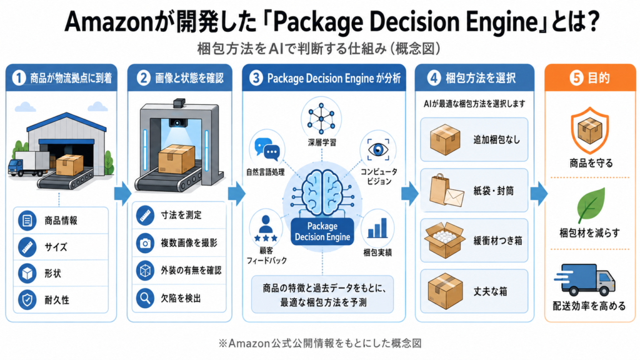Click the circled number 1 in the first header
19,78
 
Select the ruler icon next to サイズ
27,247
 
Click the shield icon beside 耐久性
27,300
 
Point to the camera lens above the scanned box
177,122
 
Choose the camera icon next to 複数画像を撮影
145,243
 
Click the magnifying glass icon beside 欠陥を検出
145,298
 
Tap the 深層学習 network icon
321,119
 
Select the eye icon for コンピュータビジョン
378,149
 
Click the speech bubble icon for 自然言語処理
267,149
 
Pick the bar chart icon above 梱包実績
377,228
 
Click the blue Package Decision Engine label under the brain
322,231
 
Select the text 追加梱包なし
497,140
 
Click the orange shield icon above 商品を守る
590,131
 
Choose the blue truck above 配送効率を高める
585,279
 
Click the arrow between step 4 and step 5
539,194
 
